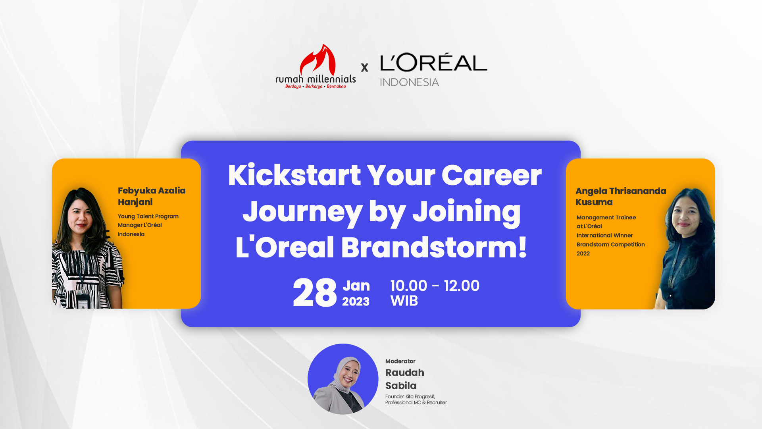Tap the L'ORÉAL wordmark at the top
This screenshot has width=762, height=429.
coord(434,62)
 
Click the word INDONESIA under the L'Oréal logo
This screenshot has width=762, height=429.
coord(409,82)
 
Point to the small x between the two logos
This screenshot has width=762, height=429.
coord(365,68)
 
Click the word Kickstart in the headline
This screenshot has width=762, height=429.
coord(294,175)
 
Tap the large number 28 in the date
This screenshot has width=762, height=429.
coord(315,293)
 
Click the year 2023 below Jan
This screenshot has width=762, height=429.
coord(356,302)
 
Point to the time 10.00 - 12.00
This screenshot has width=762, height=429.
coord(435,286)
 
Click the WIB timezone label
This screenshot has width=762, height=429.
coord(404,301)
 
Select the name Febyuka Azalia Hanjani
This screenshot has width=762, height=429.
coord(152,196)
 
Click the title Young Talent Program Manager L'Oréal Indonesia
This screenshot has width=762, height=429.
coord(148,225)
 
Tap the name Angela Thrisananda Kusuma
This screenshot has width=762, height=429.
coord(621,196)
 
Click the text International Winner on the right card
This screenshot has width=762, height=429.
coord(604,236)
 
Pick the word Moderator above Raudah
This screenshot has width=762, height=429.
coord(400,361)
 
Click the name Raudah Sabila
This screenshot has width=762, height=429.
coord(405,379)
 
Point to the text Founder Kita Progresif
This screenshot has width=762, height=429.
coord(410,396)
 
